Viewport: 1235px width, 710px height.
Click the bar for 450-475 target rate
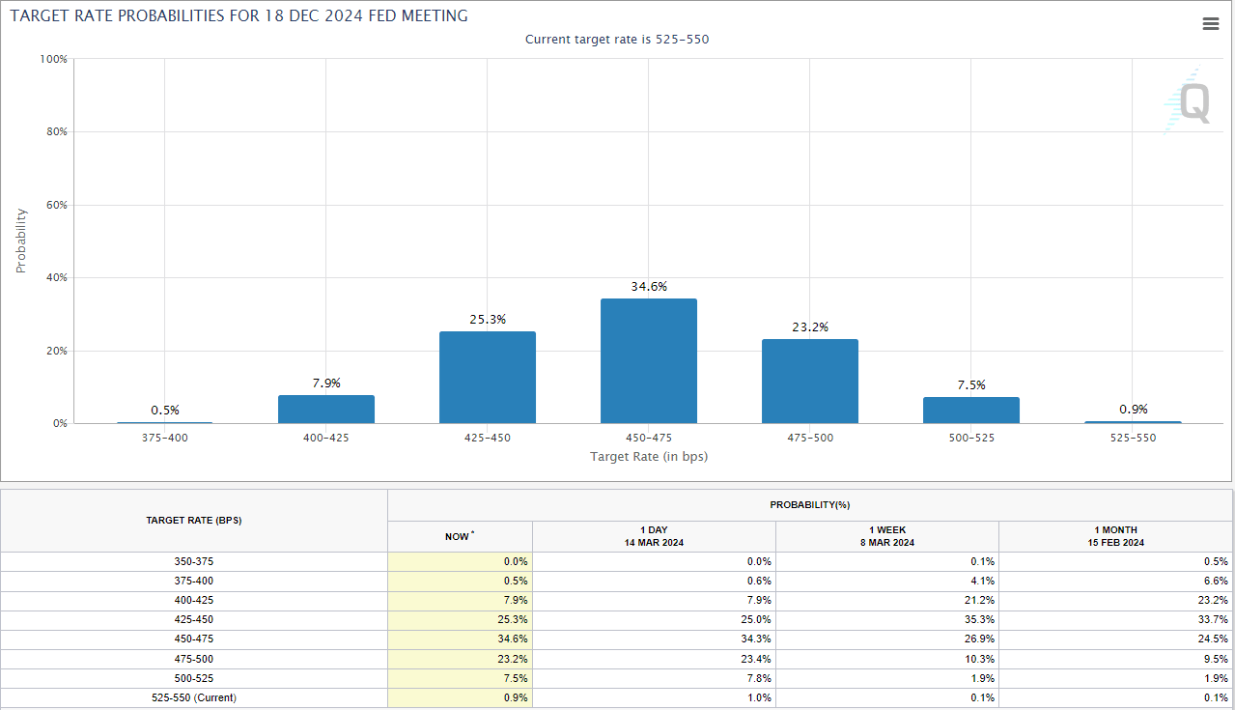point(648,360)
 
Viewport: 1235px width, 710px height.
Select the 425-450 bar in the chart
point(487,378)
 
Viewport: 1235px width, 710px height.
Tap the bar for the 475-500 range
point(809,382)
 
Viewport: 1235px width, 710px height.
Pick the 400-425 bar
point(325,409)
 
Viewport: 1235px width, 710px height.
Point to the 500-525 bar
point(970,411)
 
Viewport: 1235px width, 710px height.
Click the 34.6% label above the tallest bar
point(648,287)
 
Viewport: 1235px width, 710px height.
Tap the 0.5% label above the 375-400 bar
point(165,411)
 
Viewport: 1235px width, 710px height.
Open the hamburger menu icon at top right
point(1211,24)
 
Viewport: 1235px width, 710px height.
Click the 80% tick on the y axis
point(54,132)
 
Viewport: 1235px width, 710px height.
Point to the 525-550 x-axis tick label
point(1132,438)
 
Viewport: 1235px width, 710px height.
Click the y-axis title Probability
point(21,241)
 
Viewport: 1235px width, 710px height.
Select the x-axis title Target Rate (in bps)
point(649,456)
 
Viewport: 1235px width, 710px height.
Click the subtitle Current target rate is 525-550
point(617,40)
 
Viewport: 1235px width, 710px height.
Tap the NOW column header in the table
point(459,536)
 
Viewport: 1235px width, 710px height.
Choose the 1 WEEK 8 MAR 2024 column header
point(886,536)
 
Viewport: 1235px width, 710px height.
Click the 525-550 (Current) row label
point(194,697)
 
